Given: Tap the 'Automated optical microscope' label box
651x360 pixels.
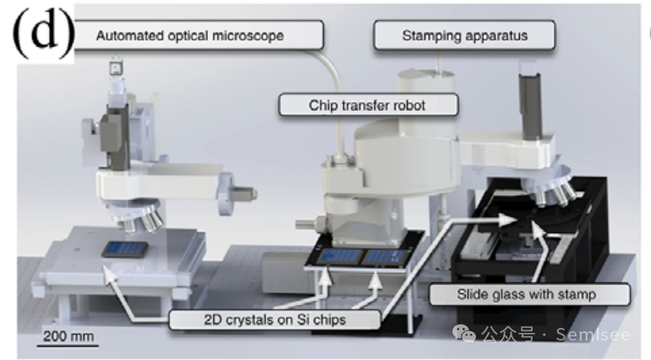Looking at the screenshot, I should click(200, 35).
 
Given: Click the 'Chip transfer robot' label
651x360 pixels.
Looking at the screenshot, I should click(369, 106).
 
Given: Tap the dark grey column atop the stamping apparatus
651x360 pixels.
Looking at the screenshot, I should click(529, 105).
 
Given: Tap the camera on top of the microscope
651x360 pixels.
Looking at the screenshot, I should click(115, 67).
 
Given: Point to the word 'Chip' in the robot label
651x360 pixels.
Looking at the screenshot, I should click(323, 106).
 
